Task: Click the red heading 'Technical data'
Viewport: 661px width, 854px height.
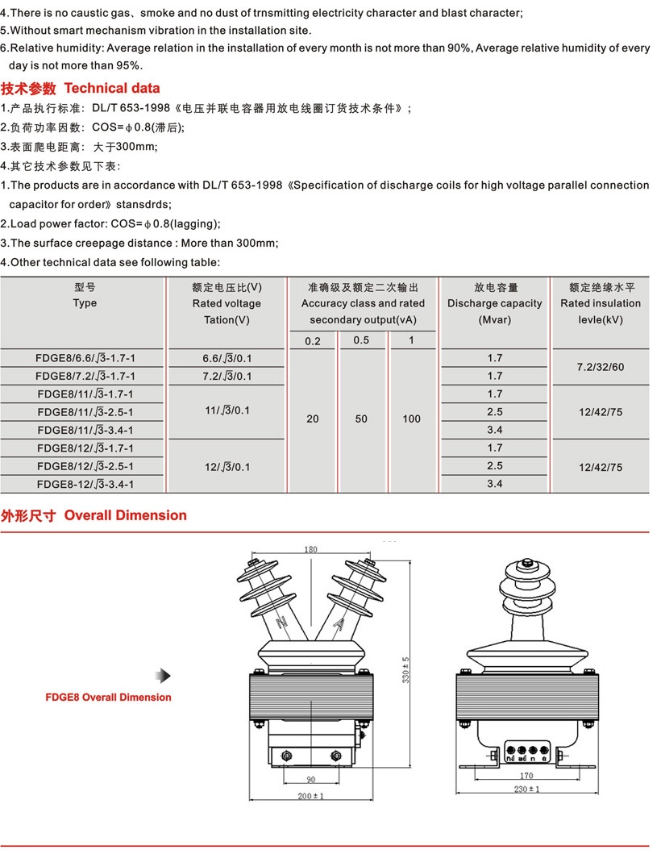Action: (112, 88)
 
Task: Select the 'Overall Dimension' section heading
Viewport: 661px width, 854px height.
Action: (125, 515)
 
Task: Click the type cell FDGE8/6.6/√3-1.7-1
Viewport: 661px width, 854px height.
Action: (85, 358)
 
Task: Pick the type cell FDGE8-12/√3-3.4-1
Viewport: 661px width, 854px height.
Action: (85, 484)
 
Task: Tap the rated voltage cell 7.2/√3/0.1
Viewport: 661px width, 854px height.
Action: (227, 377)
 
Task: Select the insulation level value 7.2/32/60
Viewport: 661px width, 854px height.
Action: (601, 367)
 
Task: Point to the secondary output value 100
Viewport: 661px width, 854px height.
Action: (411, 419)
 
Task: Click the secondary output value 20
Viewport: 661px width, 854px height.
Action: (313, 419)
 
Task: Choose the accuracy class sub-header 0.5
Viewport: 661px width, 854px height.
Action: (361, 340)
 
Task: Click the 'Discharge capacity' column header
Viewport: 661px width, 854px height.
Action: (495, 303)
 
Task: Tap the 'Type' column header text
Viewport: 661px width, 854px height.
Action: (85, 303)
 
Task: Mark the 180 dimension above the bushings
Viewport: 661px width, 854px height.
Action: (310, 550)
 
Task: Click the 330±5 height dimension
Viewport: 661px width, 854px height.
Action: (407, 669)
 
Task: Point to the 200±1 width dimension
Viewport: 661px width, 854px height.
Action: (310, 796)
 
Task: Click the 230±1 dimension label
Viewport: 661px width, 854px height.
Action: (527, 789)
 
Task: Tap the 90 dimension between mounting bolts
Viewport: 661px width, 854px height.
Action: (310, 779)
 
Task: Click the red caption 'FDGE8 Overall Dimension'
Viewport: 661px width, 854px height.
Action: (109, 697)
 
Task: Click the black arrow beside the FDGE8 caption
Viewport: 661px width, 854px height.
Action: (164, 676)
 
